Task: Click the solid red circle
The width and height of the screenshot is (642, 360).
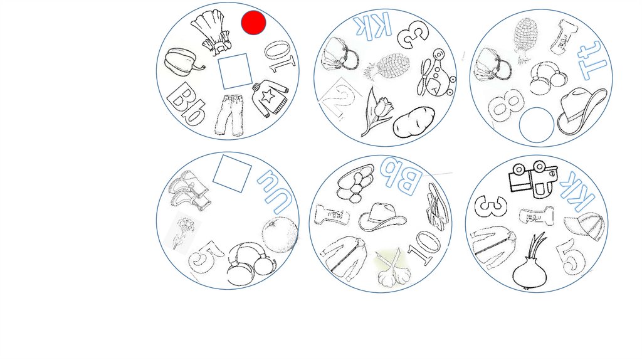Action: click(x=253, y=23)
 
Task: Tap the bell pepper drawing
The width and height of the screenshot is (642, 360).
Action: click(x=183, y=63)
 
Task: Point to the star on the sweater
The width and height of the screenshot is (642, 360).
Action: click(x=268, y=96)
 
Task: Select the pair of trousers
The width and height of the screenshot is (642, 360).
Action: click(x=229, y=115)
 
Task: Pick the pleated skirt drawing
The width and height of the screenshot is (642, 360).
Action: click(x=212, y=31)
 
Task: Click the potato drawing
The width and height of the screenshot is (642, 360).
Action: click(x=414, y=122)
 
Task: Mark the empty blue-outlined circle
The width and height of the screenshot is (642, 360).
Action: click(x=537, y=125)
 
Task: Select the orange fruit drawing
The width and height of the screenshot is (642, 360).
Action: click(x=280, y=235)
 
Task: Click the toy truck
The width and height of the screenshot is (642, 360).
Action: click(x=533, y=179)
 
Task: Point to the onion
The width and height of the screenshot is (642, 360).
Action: click(x=529, y=263)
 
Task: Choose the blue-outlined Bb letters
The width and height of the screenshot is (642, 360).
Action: click(x=401, y=176)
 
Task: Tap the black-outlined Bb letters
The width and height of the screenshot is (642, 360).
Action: click(x=186, y=104)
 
